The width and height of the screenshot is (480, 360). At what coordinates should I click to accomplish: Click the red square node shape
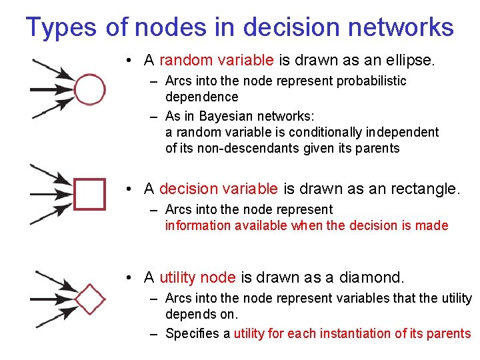[x=89, y=193]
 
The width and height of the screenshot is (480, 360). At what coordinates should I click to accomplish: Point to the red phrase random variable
[x=217, y=61]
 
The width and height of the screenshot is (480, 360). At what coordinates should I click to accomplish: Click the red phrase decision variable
[x=220, y=189]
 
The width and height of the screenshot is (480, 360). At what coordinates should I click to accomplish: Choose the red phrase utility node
[x=197, y=277]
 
